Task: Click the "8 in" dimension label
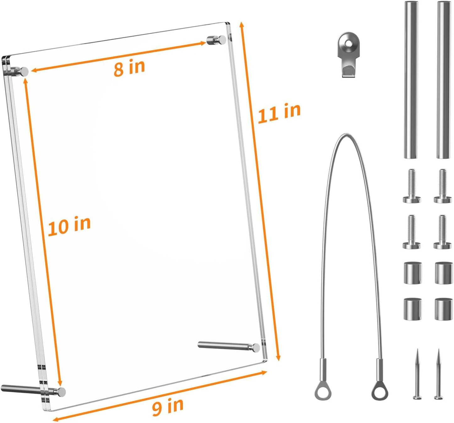[129, 67]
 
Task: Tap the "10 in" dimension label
[69, 226]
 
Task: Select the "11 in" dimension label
[279, 113]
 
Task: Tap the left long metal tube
[411, 80]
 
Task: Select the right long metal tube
[444, 80]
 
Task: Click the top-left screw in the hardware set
[412, 186]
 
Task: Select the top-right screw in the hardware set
[443, 186]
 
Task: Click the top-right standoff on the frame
[216, 40]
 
